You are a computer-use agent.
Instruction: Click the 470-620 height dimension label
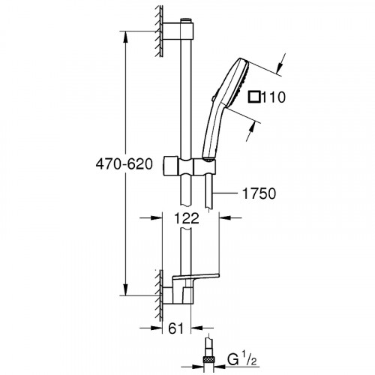point(124,164)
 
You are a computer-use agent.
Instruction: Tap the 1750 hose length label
point(259,193)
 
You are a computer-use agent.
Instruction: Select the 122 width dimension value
point(186,218)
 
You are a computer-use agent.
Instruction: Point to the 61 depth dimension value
point(175,328)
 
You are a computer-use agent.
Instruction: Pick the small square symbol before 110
point(254,97)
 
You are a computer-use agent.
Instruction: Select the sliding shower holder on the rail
point(189,166)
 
